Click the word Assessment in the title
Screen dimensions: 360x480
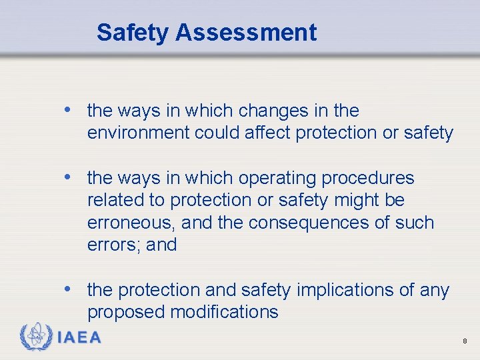(x=246, y=32)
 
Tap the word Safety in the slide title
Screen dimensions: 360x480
(x=133, y=32)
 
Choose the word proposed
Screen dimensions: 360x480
(x=127, y=312)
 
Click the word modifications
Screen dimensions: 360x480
(x=225, y=312)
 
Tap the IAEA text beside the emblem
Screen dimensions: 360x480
(x=79, y=337)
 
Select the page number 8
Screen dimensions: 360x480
(x=465, y=341)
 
